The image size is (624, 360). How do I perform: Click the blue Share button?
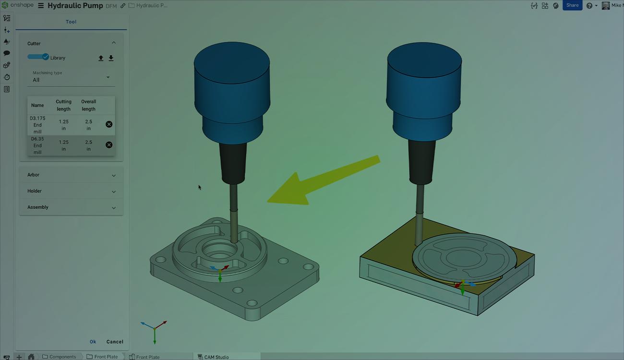[572, 5]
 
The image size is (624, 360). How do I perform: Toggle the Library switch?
[38, 57]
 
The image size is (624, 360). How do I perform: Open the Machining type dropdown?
[71, 77]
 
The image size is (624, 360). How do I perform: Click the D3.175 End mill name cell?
[37, 125]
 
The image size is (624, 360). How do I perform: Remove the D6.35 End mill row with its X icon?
[109, 145]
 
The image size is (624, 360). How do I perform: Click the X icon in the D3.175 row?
[109, 124]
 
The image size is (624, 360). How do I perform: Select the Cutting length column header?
[63, 105]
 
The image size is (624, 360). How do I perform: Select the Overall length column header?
[88, 105]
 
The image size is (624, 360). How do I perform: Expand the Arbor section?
[71, 175]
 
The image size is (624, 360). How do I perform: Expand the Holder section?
[71, 191]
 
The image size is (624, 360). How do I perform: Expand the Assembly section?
[71, 207]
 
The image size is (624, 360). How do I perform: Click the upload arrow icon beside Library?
[101, 58]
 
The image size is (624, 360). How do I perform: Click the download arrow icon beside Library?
[111, 58]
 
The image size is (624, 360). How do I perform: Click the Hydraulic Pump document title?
[75, 6]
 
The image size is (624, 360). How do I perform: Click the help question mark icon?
[589, 6]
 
